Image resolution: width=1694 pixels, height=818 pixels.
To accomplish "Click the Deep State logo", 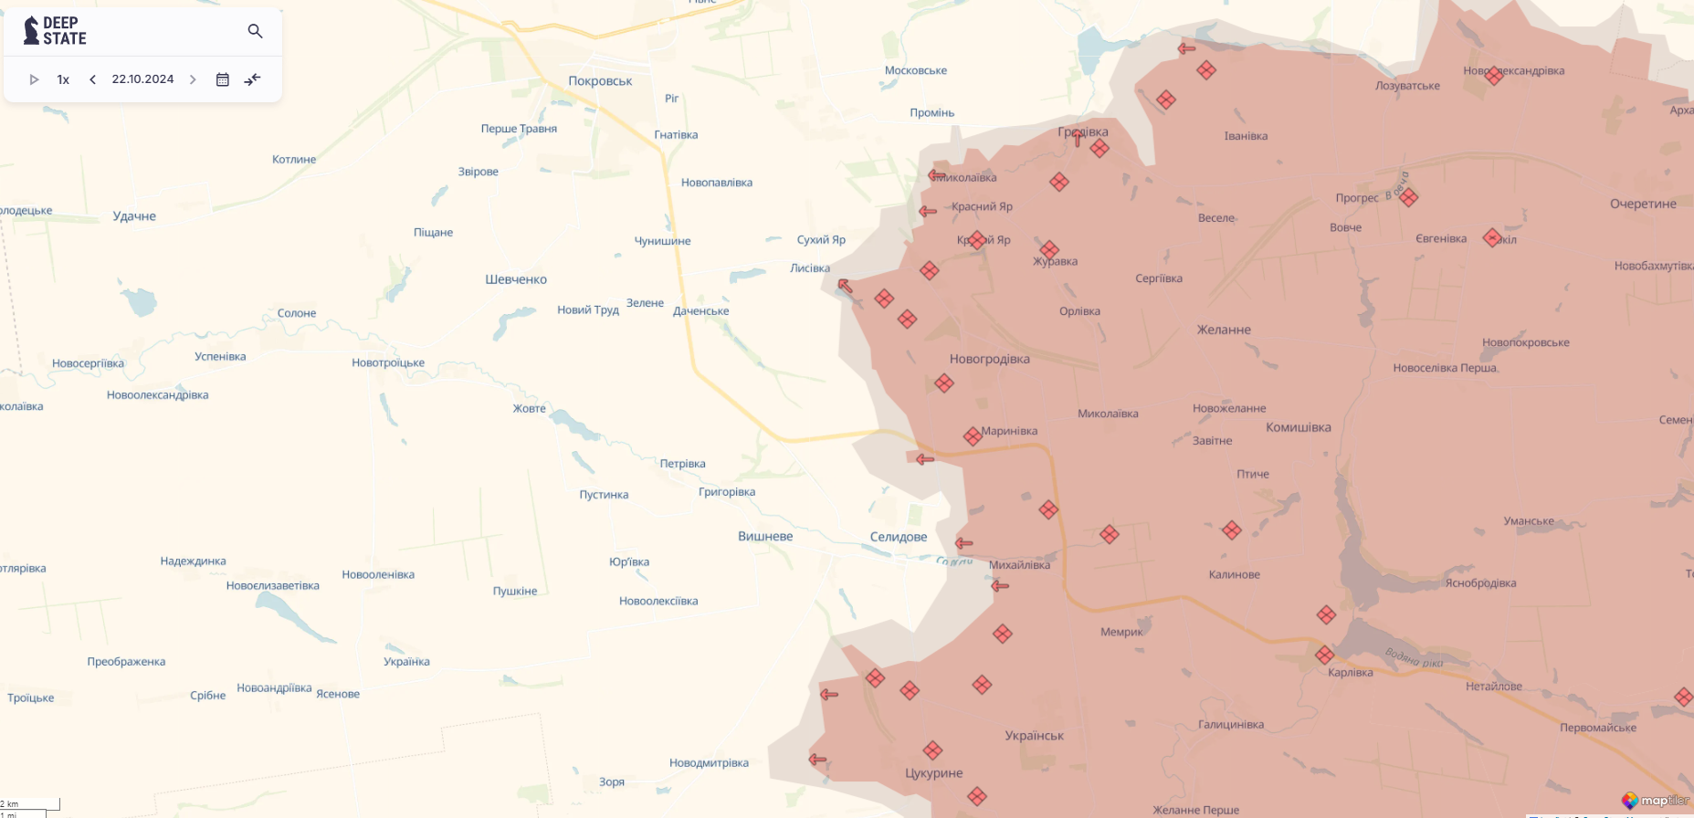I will pos(55,31).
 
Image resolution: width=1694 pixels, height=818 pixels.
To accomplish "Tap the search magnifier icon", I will pos(255,31).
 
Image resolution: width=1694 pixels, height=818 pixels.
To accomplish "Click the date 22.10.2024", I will pos(142,79).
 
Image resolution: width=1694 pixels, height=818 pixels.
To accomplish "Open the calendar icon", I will pos(222,79).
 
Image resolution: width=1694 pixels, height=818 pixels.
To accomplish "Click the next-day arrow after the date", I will pos(193,79).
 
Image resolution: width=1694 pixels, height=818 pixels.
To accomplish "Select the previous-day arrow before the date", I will pos(92,79).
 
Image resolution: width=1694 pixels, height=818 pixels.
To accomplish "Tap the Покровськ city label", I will pos(600,81).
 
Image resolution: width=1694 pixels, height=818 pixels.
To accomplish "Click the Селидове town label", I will pos(898,537).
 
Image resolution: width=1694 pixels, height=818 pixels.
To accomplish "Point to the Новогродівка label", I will pos(989,359).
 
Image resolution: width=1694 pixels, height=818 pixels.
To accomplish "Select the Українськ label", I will pos(1034,736).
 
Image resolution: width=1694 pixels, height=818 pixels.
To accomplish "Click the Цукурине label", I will pos(933,773).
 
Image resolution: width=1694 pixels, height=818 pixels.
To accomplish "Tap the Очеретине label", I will pos(1642,204).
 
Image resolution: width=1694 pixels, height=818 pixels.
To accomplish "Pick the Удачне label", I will pos(134,216).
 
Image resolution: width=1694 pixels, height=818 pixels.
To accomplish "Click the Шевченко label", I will pos(516,279).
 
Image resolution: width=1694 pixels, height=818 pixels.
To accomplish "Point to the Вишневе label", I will pos(765,536).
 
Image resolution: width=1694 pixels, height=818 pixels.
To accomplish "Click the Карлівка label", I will pos(1350,673).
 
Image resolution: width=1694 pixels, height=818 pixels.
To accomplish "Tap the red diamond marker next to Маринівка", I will pos(973,436).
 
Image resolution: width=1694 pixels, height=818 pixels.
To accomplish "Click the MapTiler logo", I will pos(1656,801).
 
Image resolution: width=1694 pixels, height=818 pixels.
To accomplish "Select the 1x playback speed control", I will pos(63,79).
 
